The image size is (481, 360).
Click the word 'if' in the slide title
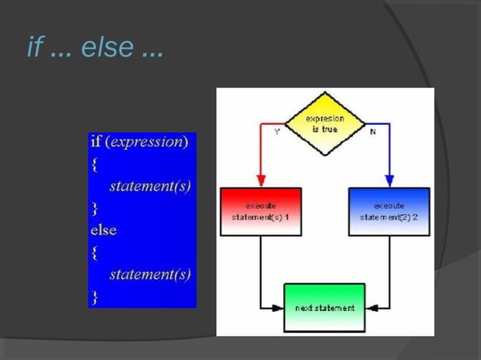point(34,47)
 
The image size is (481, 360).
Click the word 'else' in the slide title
point(106,48)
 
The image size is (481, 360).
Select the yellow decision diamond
point(325,124)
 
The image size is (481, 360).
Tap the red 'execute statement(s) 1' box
point(261,212)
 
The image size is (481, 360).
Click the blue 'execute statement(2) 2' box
point(389,212)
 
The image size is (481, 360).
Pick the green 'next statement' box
point(324,307)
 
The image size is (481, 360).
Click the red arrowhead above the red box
point(261,181)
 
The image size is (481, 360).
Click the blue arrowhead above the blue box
point(389,181)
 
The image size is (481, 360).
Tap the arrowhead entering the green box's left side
point(278,307)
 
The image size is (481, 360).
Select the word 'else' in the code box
point(104,230)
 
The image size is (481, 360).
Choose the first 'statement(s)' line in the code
point(149,186)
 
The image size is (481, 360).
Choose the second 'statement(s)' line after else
point(149,274)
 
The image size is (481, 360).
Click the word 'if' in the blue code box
point(96,142)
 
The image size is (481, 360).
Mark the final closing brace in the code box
point(95,296)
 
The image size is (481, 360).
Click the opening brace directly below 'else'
point(95,252)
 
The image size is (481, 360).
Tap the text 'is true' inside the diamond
point(326,129)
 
